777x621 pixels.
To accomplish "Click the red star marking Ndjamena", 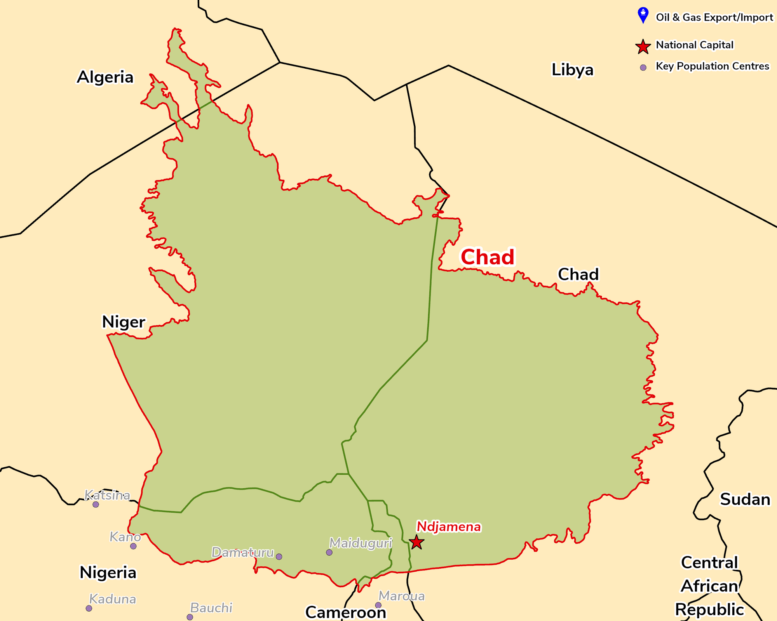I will [416, 542].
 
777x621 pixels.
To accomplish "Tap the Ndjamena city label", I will [449, 527].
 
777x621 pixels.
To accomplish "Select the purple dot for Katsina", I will [96, 505].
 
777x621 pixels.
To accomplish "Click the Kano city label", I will [125, 537].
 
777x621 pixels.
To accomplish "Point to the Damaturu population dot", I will [279, 557].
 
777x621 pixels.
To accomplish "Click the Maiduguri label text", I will [361, 543].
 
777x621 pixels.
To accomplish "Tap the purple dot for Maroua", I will [378, 605].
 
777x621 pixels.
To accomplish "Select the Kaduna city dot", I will [89, 608].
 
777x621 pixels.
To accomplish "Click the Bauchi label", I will [211, 608].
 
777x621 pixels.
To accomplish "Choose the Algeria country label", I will [105, 77].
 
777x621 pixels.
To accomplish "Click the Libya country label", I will [573, 70].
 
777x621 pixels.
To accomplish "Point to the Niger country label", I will [124, 322].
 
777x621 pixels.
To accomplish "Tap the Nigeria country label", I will [108, 572].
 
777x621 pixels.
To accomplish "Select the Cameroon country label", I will [346, 612].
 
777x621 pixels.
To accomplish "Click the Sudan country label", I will [745, 500].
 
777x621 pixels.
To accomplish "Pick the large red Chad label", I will [488, 257].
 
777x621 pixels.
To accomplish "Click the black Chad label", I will [578, 274].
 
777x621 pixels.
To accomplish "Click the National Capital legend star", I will [643, 47].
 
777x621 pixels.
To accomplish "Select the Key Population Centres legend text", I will [713, 66].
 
